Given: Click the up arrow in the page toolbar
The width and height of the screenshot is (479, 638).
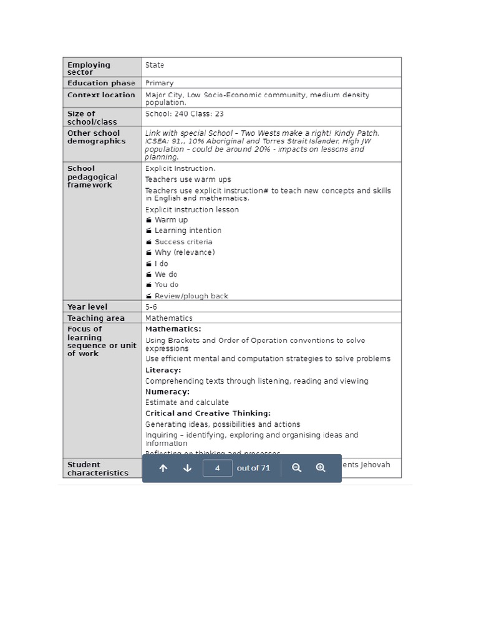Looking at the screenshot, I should click(x=163, y=468).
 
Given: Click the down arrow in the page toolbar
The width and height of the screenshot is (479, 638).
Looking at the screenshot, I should click(x=187, y=468).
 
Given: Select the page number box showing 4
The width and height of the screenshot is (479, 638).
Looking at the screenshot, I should click(x=218, y=468).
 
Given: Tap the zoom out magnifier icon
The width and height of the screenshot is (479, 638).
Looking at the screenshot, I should click(x=297, y=468).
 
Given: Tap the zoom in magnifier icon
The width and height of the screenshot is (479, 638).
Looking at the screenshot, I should click(x=321, y=468).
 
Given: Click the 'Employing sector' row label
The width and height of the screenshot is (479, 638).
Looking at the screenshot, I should click(x=89, y=69).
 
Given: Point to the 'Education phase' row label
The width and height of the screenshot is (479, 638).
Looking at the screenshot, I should click(x=101, y=83).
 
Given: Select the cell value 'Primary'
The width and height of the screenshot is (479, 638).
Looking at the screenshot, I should click(x=160, y=83).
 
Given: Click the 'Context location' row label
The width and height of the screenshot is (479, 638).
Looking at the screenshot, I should click(x=101, y=95).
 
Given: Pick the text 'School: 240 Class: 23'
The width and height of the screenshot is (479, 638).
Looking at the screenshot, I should click(x=185, y=114).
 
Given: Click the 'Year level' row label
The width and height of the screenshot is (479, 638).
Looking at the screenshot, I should click(x=87, y=307).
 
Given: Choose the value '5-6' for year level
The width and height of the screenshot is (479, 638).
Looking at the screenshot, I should click(x=152, y=307).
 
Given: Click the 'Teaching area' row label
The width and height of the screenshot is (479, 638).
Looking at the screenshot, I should click(x=96, y=318).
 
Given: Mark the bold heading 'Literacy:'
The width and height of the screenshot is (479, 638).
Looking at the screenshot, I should click(x=163, y=370).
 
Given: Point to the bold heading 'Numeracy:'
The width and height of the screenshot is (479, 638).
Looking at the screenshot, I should click(x=167, y=392).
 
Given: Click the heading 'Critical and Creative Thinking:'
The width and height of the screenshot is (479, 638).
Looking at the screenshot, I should click(x=208, y=413).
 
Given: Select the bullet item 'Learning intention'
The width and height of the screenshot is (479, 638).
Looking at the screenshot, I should click(x=188, y=231).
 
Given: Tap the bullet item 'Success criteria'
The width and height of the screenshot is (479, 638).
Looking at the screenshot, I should click(x=183, y=242).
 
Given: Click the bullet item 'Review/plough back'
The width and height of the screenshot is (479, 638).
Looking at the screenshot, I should click(x=191, y=296).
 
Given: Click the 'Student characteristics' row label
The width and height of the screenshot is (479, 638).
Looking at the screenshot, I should click(x=97, y=469).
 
